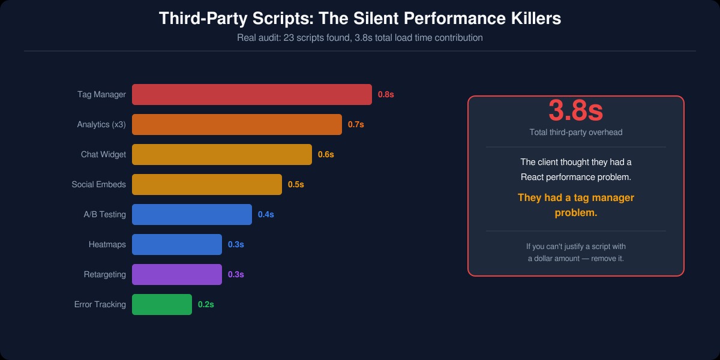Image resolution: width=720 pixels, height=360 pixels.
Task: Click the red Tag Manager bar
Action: (x=252, y=94)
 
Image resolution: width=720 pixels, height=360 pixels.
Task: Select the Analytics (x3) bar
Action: (x=237, y=124)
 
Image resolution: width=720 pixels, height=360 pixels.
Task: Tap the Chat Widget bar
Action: (x=222, y=154)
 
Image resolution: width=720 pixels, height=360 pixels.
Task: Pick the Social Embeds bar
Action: (x=207, y=184)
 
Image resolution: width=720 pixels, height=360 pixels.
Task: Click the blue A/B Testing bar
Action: (x=192, y=214)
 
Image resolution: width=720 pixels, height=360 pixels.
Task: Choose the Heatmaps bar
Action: (x=177, y=244)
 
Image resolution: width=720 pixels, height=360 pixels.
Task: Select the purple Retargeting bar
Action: (x=177, y=274)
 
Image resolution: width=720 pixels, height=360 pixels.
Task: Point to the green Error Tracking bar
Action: (x=162, y=304)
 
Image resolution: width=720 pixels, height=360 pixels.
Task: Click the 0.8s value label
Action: (x=386, y=94)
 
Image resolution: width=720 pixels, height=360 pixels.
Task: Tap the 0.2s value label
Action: (x=206, y=304)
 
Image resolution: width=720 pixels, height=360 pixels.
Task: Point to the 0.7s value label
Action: (x=356, y=124)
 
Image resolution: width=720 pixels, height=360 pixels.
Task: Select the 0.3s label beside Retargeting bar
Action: (x=236, y=274)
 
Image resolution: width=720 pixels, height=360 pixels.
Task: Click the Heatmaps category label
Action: (x=107, y=244)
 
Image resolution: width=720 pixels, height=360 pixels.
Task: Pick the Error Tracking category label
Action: (x=100, y=304)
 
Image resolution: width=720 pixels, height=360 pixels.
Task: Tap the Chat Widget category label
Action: (x=103, y=154)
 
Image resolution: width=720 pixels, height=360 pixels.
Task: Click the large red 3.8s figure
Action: (x=575, y=110)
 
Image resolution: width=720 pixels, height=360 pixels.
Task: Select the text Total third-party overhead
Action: (x=576, y=132)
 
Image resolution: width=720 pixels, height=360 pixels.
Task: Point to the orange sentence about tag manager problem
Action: (x=576, y=205)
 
